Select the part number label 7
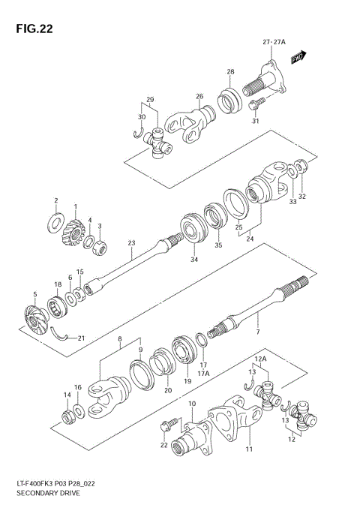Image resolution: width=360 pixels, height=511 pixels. (x=257, y=331)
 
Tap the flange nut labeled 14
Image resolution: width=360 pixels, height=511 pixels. (x=67, y=413)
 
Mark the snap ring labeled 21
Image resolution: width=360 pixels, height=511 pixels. (x=67, y=336)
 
